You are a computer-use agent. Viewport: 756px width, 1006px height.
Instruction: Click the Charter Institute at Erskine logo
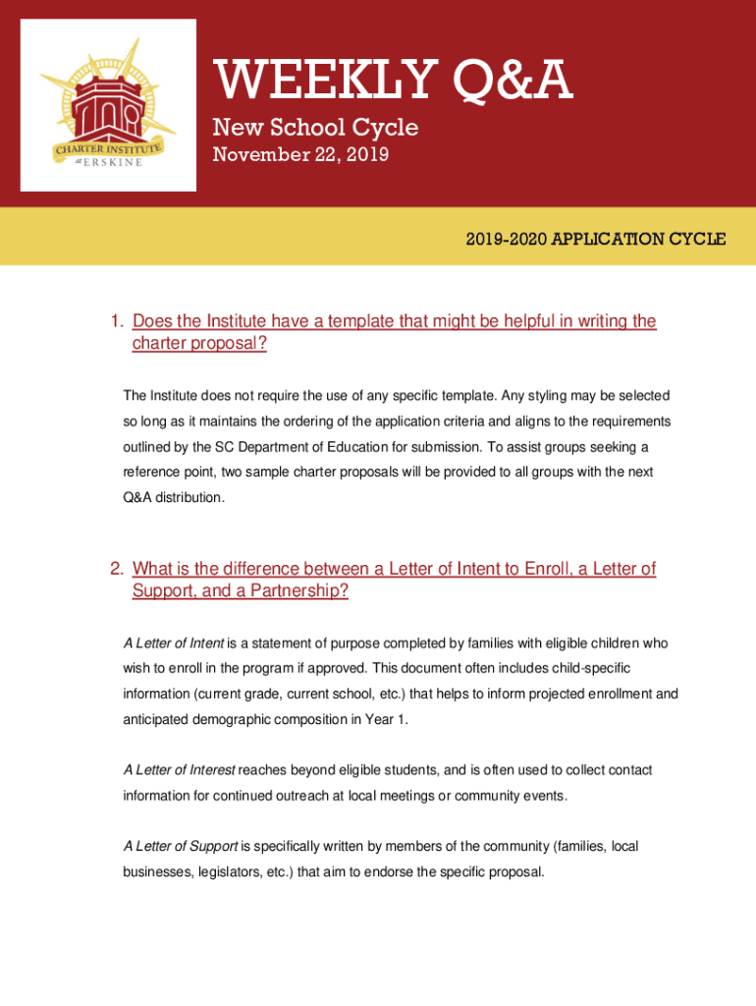[108, 105]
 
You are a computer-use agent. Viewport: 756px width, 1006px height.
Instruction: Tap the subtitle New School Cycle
[315, 128]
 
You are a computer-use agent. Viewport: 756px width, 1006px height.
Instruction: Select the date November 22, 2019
[300, 154]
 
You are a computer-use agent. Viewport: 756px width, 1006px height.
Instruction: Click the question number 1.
[115, 321]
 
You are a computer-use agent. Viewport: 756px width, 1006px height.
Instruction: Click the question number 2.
[115, 569]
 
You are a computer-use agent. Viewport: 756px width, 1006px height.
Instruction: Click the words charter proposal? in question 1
[199, 344]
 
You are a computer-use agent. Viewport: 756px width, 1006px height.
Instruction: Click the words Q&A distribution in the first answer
[173, 498]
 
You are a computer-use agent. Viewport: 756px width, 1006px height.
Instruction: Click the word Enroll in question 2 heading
[555, 569]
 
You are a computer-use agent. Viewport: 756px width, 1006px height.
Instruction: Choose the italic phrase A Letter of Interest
[179, 770]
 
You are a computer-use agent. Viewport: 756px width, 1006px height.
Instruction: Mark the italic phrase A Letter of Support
[181, 846]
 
